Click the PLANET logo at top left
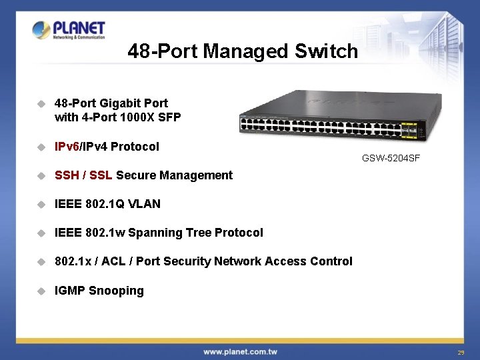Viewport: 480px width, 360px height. (69, 31)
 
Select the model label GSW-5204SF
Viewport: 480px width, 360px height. (391, 158)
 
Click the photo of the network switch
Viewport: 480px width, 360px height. (333, 117)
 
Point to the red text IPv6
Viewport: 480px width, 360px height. (67, 146)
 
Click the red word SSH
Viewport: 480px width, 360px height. (67, 175)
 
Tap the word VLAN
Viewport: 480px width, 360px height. (145, 204)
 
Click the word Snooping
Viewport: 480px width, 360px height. (116, 291)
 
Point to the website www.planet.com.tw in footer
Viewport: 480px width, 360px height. (241, 351)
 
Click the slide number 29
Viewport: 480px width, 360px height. (461, 352)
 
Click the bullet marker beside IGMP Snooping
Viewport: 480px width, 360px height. (41, 291)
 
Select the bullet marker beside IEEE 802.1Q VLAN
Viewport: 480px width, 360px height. (41, 204)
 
